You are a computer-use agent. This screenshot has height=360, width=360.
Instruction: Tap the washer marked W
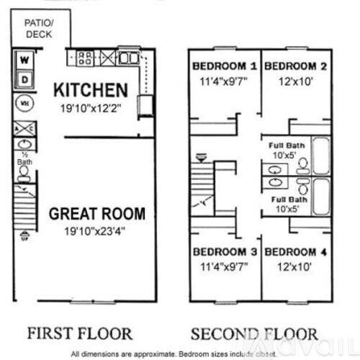(x=24, y=60)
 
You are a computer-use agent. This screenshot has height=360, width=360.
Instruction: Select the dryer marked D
(x=24, y=78)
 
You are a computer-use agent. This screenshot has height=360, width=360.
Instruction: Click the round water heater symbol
(x=23, y=103)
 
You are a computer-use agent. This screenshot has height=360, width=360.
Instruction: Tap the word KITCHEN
(x=91, y=91)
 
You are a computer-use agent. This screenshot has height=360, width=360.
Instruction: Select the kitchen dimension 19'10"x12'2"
(x=91, y=108)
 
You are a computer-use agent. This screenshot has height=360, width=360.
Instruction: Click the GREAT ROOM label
(x=96, y=214)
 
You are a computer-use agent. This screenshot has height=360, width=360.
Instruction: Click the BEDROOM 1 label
(x=224, y=66)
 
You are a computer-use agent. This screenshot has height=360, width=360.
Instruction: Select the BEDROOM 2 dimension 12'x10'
(x=296, y=81)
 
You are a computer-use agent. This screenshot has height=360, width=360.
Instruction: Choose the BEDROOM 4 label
(x=296, y=252)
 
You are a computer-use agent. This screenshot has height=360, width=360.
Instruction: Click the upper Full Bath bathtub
(x=320, y=158)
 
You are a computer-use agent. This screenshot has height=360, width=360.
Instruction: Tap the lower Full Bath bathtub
(x=320, y=196)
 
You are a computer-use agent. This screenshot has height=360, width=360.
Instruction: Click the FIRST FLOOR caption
(x=79, y=334)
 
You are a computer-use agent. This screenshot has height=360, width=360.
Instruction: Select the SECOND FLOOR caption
(x=253, y=334)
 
